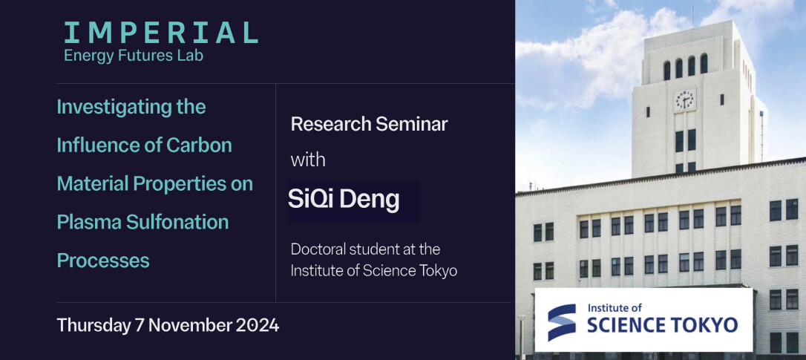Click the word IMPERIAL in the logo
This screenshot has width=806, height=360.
(x=160, y=33)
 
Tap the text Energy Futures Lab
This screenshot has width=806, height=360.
(x=134, y=56)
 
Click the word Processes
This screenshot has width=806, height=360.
(x=103, y=261)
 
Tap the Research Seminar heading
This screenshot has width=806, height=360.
(x=369, y=124)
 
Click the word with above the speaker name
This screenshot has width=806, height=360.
(x=308, y=160)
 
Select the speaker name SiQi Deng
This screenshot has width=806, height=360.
(x=344, y=200)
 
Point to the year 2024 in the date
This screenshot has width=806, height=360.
(x=258, y=326)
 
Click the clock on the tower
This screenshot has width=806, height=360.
(x=684, y=99)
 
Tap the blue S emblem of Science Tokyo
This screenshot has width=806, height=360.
(x=561, y=322)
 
